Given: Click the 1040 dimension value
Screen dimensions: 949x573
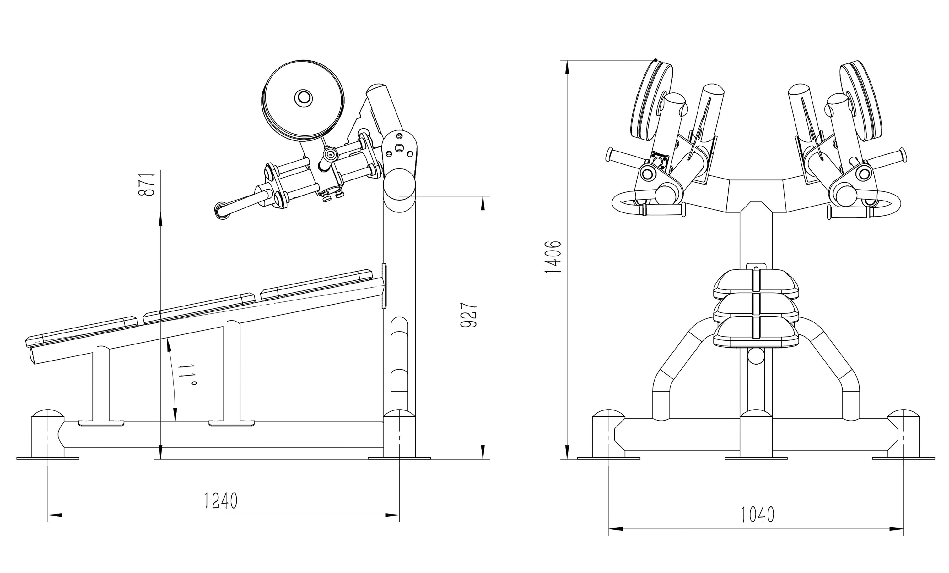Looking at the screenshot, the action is tap(758, 515).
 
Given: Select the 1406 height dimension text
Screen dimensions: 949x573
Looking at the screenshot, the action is tap(553, 257).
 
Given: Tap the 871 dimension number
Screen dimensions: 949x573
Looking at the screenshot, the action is tap(147, 184).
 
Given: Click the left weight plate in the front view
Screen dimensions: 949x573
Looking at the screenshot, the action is tap(651, 102).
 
